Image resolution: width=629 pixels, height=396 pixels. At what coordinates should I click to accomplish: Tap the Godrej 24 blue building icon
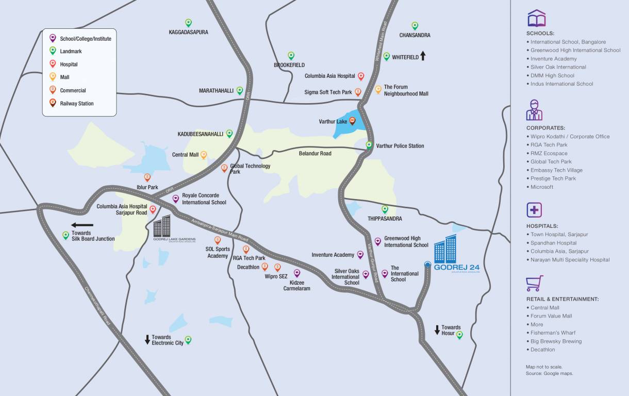pos(445,249)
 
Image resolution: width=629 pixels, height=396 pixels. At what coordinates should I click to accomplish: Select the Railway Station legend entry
pos(76,104)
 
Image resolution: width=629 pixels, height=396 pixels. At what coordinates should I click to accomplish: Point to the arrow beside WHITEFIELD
pos(423,56)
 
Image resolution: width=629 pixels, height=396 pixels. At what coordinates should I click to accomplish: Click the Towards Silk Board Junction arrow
pos(82,225)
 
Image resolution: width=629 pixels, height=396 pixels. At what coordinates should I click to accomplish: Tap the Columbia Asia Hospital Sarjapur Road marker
pos(153,209)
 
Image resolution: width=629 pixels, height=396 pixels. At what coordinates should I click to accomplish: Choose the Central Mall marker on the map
pos(204,154)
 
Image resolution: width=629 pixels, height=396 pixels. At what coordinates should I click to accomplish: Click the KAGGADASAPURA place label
pos(188,32)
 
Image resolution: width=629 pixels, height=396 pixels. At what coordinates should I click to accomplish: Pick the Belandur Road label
pos(315,154)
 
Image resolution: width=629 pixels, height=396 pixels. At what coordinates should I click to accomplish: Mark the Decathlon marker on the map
pos(264,267)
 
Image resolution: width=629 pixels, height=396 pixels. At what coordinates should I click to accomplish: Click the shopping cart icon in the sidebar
pos(534,283)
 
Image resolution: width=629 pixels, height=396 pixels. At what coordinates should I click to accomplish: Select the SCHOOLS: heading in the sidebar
pos(540,34)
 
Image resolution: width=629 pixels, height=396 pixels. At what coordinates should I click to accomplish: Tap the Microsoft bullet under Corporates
pos(541,187)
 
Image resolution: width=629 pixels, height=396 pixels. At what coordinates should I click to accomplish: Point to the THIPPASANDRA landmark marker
pos(385,209)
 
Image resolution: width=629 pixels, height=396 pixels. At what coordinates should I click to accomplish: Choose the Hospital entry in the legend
pos(69,64)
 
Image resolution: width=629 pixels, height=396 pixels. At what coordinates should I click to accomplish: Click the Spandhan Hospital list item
pos(553,243)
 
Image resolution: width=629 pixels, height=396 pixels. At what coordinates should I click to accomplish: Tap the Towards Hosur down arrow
pos(437,329)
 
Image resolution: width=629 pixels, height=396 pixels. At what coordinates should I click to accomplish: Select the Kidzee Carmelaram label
pos(296,286)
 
